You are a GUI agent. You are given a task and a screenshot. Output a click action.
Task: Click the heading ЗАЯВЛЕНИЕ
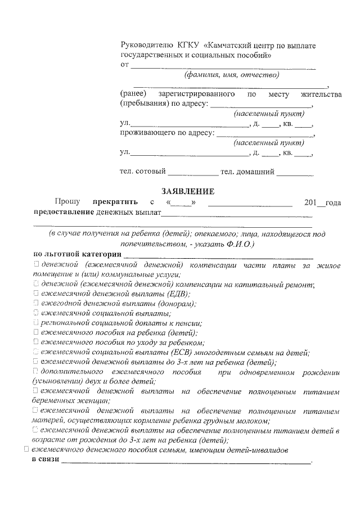click(187, 191)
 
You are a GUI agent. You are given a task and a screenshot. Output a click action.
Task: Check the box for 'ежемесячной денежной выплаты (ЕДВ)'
click(35, 294)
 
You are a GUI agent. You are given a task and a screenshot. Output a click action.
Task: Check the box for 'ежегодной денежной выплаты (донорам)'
click(35, 303)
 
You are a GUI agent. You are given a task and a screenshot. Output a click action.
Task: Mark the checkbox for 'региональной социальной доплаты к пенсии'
click(35, 323)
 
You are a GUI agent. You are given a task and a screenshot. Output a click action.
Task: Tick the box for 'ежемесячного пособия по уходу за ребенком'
click(35, 342)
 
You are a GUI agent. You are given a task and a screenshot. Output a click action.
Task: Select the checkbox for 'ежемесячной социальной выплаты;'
click(35, 313)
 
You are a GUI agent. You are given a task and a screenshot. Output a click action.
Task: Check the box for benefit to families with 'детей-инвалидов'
click(25, 450)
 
